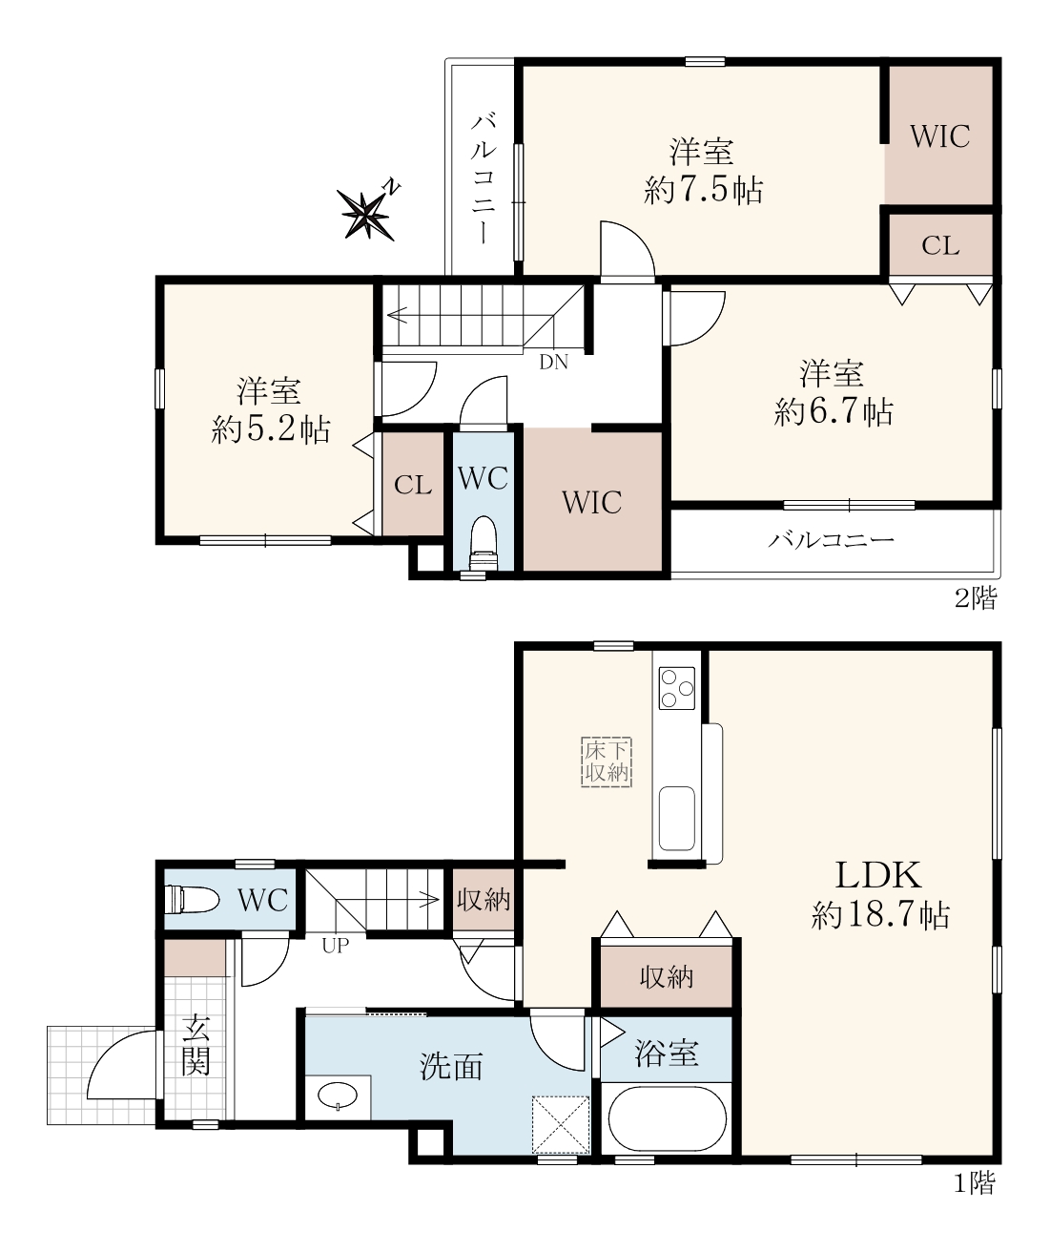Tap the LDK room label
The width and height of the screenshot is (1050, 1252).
877,875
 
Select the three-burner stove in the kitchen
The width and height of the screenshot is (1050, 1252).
676,688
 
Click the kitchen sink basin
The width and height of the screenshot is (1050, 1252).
676,819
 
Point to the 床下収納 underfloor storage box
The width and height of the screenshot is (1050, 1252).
607,762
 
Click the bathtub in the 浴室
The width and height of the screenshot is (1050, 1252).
667,1119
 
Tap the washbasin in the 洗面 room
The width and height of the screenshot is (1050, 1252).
338,1096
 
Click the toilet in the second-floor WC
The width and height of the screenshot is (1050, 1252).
484,542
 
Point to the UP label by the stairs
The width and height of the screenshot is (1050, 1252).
335,946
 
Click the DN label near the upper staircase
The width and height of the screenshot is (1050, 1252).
553,363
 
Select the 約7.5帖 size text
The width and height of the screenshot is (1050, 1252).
703,190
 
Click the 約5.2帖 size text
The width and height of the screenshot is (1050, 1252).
270,428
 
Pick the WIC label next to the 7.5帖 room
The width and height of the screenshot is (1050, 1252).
939,136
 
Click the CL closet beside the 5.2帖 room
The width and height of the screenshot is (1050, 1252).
413,485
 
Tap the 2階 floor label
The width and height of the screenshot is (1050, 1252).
976,597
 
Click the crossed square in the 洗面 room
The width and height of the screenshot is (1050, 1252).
561,1125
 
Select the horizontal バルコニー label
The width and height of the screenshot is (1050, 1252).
832,540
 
